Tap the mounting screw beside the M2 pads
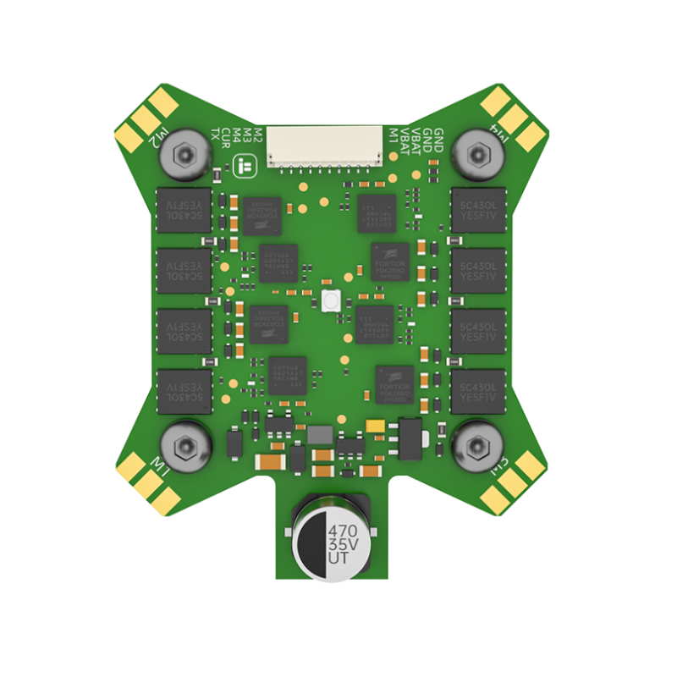(x=184, y=155)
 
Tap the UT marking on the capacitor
(x=337, y=561)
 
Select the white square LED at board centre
(x=330, y=300)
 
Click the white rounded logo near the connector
(x=247, y=166)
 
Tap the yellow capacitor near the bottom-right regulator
(x=375, y=425)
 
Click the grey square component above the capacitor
(x=320, y=434)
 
